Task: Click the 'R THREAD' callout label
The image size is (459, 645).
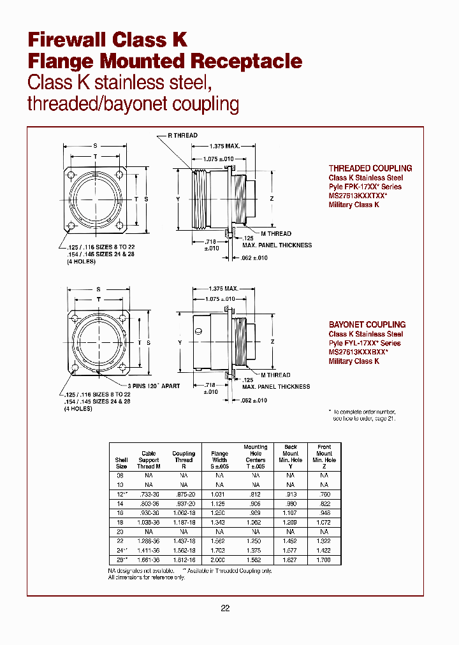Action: coord(182,135)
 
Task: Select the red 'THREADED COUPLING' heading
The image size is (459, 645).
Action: coord(370,168)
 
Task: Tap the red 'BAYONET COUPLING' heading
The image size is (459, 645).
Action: coord(367,324)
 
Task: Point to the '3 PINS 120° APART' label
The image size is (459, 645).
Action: coord(153,386)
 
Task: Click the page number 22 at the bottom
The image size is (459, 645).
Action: coord(225,608)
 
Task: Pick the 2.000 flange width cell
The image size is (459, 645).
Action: coord(219,559)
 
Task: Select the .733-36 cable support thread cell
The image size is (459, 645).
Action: coord(149,494)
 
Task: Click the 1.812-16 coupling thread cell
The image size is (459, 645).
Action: coord(184,559)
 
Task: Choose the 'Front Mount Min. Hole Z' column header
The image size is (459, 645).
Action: coord(324,456)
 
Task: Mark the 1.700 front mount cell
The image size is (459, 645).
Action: coord(324,559)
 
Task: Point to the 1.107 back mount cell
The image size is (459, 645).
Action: coord(291,512)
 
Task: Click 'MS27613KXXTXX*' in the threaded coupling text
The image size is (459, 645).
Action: coord(358,196)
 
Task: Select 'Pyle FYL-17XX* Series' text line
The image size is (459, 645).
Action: coord(365,343)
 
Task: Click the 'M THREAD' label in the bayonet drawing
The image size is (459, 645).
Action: coord(275,375)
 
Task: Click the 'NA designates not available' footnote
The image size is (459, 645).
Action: coord(142,570)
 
